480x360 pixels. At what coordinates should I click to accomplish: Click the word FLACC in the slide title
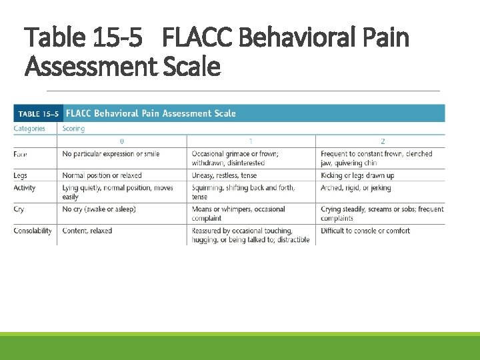(197, 38)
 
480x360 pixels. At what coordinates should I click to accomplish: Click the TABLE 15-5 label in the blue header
(38, 114)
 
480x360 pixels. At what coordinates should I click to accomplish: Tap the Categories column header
(29, 129)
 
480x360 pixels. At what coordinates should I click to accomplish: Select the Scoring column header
(73, 129)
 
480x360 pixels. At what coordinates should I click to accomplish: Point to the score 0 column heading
(121, 141)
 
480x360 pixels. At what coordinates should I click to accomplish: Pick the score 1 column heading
(251, 141)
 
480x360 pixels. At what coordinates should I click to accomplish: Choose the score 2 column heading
(383, 141)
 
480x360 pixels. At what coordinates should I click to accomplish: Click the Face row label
(21, 154)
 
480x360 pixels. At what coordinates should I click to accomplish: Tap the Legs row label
(21, 175)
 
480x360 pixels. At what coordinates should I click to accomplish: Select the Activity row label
(25, 188)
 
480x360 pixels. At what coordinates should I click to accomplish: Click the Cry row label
(19, 209)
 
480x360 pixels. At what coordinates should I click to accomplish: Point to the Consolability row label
(33, 231)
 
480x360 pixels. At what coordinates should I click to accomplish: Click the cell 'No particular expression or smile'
(111, 154)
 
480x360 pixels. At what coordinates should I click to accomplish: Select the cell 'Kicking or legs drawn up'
(357, 175)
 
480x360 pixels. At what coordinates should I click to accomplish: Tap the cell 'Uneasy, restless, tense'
(224, 175)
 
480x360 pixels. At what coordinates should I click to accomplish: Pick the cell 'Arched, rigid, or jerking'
(356, 188)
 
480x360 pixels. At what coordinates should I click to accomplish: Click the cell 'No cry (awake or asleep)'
(99, 209)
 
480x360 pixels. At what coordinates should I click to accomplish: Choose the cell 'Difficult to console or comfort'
(365, 231)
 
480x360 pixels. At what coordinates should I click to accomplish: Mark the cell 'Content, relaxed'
(87, 231)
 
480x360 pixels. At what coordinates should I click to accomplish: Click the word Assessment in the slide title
(89, 66)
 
